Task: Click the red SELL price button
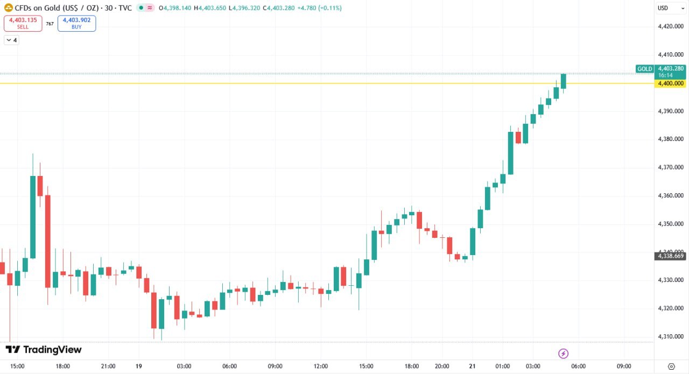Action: pyautogui.click(x=23, y=23)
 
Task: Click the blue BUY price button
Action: pyautogui.click(x=76, y=23)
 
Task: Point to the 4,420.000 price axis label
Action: pyautogui.click(x=670, y=26)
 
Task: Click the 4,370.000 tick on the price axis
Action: pyautogui.click(x=670, y=167)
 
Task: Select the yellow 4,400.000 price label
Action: pyautogui.click(x=670, y=83)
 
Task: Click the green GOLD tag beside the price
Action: pyautogui.click(x=644, y=69)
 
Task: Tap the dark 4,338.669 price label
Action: pyautogui.click(x=670, y=256)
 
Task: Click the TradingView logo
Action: pyautogui.click(x=44, y=350)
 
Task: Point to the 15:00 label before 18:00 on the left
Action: pyautogui.click(x=17, y=366)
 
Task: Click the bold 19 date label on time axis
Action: pyautogui.click(x=139, y=366)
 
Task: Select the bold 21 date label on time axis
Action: pyautogui.click(x=472, y=366)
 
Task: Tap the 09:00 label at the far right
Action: pyautogui.click(x=624, y=366)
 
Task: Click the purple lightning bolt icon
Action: pyautogui.click(x=563, y=354)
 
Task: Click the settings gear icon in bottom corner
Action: pyautogui.click(x=671, y=366)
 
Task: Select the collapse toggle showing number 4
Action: pyautogui.click(x=11, y=40)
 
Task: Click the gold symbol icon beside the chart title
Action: pyautogui.click(x=9, y=8)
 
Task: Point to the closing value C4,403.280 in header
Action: pyautogui.click(x=278, y=8)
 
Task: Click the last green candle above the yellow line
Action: pyautogui.click(x=564, y=81)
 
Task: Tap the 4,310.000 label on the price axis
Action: pyautogui.click(x=670, y=337)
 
